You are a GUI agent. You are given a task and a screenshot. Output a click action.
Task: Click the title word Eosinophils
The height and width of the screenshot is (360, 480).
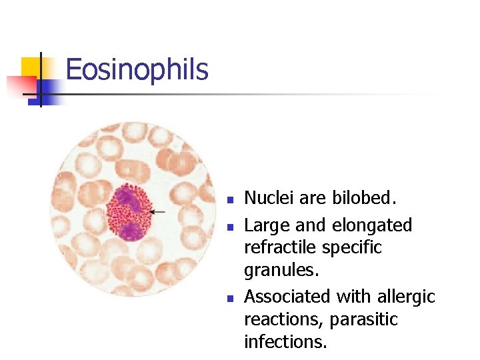(137, 69)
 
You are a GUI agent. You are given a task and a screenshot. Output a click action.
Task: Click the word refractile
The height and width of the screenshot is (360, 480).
(279, 247)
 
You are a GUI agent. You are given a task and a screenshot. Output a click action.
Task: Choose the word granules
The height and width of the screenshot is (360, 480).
(277, 270)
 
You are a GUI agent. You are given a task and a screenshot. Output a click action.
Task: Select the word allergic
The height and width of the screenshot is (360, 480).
(408, 295)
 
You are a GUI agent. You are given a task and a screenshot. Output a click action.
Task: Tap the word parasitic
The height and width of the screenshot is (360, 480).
(369, 319)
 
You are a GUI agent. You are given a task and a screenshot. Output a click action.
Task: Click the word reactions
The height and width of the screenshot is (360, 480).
(282, 319)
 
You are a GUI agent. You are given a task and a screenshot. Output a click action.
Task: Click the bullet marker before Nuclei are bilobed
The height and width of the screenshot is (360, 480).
(229, 199)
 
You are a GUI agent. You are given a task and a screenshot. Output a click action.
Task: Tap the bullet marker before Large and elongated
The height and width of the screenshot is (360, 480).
(229, 227)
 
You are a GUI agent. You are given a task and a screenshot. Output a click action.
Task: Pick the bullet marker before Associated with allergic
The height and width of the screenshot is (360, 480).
(229, 297)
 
